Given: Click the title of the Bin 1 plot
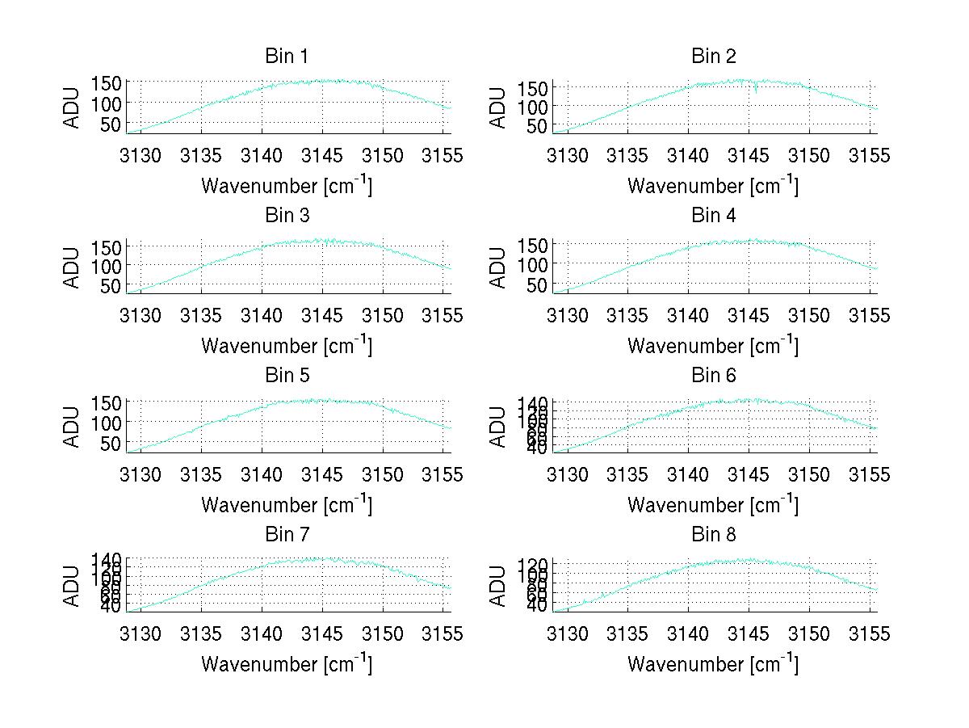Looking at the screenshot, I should pyautogui.click(x=287, y=57).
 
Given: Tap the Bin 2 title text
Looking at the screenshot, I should pyautogui.click(x=714, y=57).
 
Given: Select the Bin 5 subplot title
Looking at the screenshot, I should pyautogui.click(x=287, y=376).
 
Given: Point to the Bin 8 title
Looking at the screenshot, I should pyautogui.click(x=714, y=535).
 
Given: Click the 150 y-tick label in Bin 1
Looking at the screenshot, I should pyautogui.click(x=107, y=82).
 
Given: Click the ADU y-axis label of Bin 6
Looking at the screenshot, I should pyautogui.click(x=498, y=427).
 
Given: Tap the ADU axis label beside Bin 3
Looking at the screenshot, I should pyautogui.click(x=72, y=267).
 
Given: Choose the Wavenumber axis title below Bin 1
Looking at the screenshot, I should pyautogui.click(x=287, y=186).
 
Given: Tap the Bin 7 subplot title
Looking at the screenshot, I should pyautogui.click(x=287, y=535).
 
